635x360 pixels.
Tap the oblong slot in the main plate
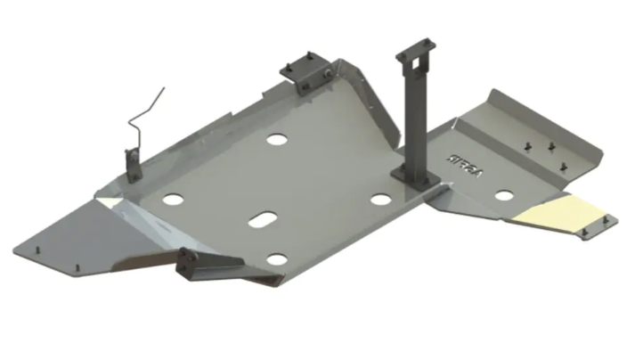pyautogui.click(x=263, y=219)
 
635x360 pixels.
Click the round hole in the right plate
pyautogui.click(x=504, y=195)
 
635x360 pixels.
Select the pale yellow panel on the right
pyautogui.click(x=563, y=212)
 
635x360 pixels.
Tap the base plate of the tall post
pyautogui.click(x=417, y=184)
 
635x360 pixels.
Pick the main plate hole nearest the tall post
pyautogui.click(x=381, y=199)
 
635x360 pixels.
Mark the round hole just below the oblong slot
pyautogui.click(x=278, y=259)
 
